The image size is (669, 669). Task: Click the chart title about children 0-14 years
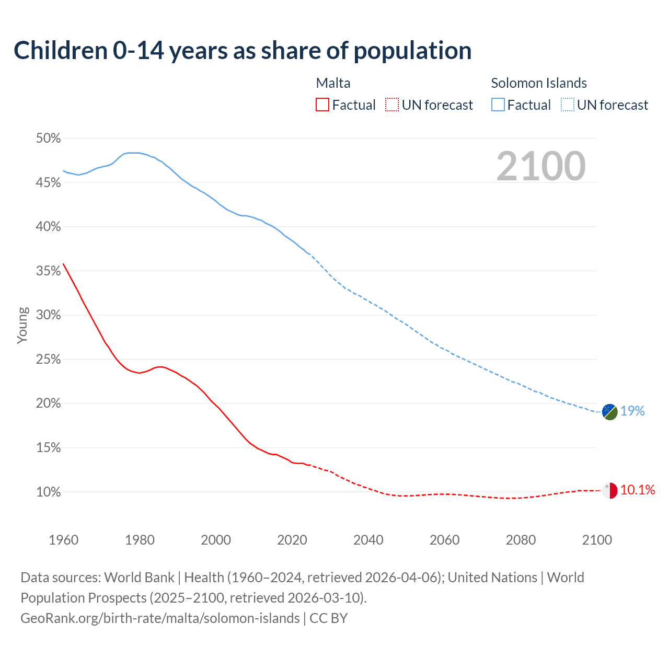click(243, 51)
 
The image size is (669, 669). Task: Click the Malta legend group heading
click(333, 83)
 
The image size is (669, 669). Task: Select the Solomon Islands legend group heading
click(538, 83)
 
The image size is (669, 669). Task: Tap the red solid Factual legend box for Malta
click(322, 105)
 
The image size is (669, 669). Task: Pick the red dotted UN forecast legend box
click(392, 105)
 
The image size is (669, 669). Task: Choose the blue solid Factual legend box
click(498, 105)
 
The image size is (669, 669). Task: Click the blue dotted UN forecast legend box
click(567, 105)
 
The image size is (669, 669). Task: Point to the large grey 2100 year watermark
click(540, 166)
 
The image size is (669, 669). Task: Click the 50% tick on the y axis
click(48, 139)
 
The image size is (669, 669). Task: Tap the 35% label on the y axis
click(48, 271)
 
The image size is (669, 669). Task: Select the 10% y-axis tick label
click(48, 492)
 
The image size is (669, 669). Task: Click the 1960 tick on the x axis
click(63, 540)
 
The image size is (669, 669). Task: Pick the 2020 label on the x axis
click(292, 540)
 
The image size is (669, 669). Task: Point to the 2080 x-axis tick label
click(521, 540)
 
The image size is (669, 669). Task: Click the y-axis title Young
click(22, 325)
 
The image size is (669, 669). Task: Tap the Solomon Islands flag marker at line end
click(609, 412)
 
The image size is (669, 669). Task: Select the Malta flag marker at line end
click(609, 491)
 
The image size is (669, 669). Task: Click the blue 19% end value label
click(632, 411)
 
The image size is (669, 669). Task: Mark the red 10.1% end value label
click(638, 490)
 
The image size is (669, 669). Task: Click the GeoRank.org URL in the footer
click(160, 618)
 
